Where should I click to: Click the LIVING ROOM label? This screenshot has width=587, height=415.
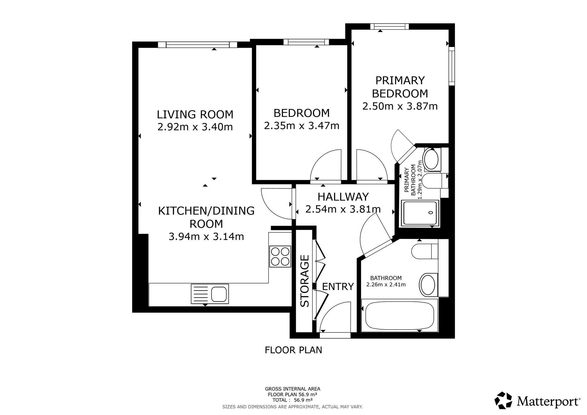point(195,114)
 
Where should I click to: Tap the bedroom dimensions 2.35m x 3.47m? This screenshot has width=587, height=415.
point(302,126)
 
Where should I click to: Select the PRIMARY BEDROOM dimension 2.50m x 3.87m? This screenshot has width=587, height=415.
point(400,106)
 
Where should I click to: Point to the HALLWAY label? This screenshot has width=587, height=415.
point(343,197)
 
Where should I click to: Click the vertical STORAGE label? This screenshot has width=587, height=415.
point(305,281)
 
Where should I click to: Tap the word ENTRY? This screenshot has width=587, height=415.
point(338,286)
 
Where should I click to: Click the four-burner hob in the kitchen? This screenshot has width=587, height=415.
point(280,257)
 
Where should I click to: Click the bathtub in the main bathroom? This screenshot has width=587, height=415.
point(399,316)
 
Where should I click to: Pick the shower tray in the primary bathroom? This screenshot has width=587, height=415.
point(419,213)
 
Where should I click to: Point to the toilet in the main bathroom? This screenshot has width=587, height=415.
point(425,251)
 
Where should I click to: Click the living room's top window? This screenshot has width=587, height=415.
point(198,45)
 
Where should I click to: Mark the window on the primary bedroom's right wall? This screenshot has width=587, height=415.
point(452,66)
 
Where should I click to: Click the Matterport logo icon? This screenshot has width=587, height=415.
point(503,400)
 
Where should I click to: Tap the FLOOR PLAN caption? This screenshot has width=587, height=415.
point(293,350)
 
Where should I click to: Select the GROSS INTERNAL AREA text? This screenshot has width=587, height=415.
point(293,389)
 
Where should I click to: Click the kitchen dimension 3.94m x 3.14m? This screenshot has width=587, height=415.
point(206,237)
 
